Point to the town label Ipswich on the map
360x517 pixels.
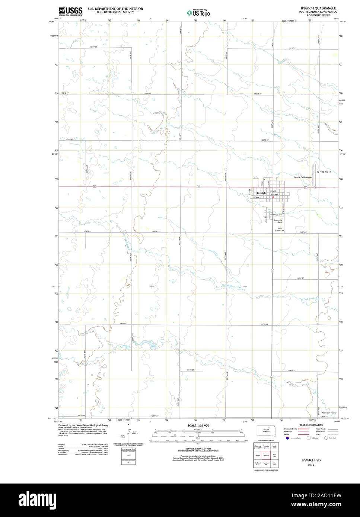click(261, 193)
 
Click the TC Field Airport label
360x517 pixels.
click(324, 172)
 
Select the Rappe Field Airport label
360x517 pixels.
click(303, 177)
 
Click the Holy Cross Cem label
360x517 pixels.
click(280, 229)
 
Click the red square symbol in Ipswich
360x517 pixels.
click(273, 198)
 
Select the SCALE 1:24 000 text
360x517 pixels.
click(198, 425)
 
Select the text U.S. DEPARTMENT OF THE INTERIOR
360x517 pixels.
click(115, 8)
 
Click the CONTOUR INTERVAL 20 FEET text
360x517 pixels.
click(198, 449)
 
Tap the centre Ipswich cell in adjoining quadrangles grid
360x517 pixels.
click(266, 455)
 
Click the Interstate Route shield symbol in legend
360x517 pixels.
click(287, 439)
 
